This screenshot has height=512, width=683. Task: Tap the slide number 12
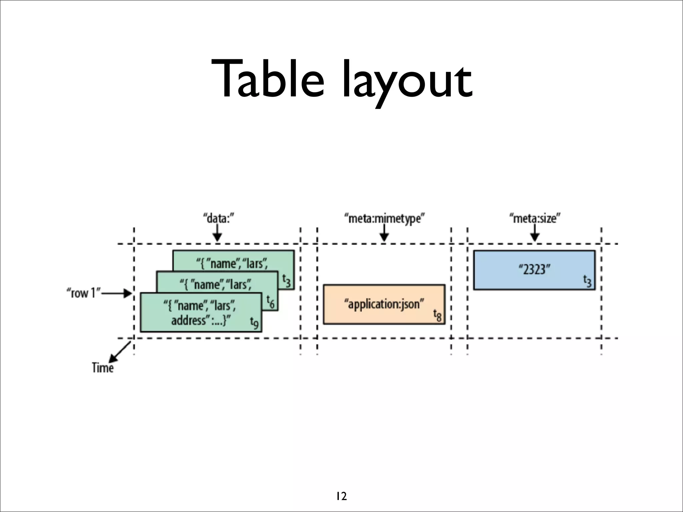pos(341,496)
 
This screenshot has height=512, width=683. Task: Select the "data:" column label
pos(218,219)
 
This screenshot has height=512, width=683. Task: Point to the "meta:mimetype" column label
pos(384,219)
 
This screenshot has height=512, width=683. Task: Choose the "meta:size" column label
pos(535,219)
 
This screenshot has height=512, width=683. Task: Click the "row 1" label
pos(83,293)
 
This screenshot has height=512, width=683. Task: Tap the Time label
pos(103,368)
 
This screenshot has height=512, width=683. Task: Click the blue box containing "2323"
pos(534,270)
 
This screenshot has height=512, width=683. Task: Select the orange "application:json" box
pos(384,304)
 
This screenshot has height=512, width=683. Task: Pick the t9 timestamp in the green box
pos(254,323)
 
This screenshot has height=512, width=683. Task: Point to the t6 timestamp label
pos(270,301)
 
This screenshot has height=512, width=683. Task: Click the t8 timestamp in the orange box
pos(437,315)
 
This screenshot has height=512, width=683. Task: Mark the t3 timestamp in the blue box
pos(587,281)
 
